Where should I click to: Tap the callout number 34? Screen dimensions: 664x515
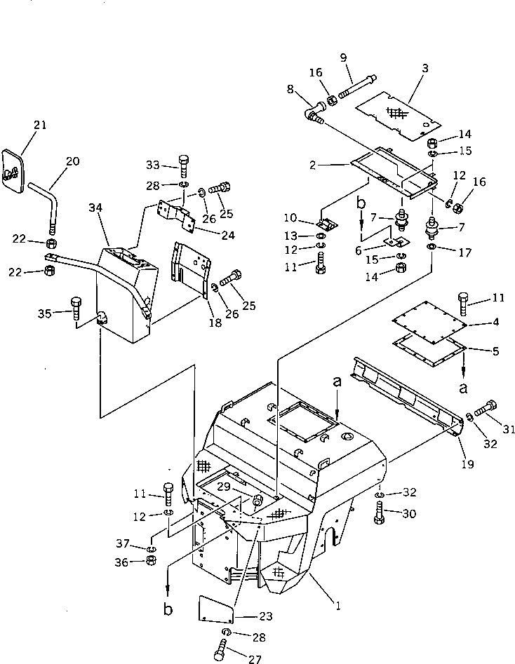(x=96, y=208)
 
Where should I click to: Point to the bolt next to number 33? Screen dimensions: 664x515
(x=184, y=167)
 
